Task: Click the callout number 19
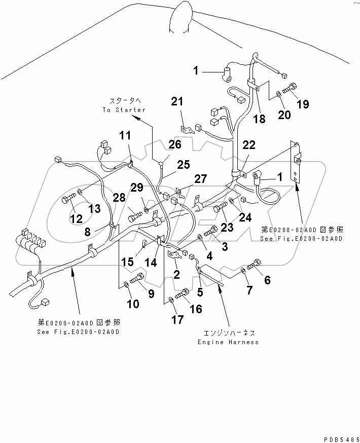[x=303, y=105]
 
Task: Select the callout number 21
[x=177, y=102]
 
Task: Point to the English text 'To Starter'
[x=124, y=110]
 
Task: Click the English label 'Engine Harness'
[x=229, y=342]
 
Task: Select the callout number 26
[x=174, y=145]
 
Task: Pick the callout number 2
[x=177, y=275]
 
